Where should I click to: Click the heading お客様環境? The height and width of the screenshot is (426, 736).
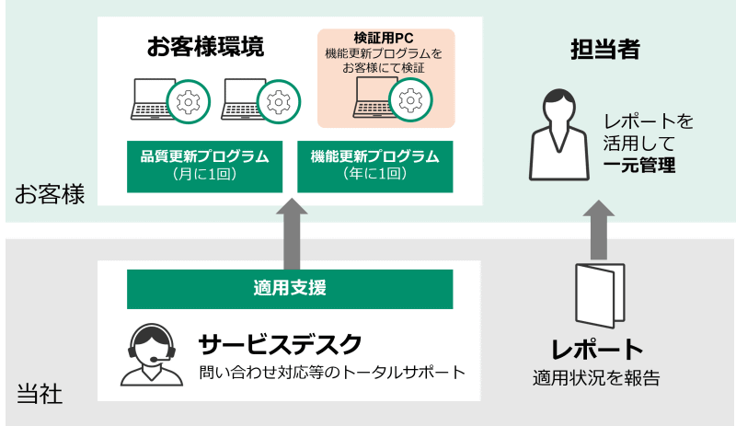(204, 47)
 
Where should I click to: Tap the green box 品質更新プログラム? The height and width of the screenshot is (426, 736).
(204, 165)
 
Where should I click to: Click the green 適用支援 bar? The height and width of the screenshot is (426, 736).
(290, 288)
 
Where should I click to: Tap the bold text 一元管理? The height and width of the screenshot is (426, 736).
(639, 166)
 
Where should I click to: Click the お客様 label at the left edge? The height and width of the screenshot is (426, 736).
(50, 195)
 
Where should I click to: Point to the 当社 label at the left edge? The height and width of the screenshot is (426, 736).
(40, 395)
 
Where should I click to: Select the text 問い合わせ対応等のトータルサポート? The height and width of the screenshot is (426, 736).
(331, 373)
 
